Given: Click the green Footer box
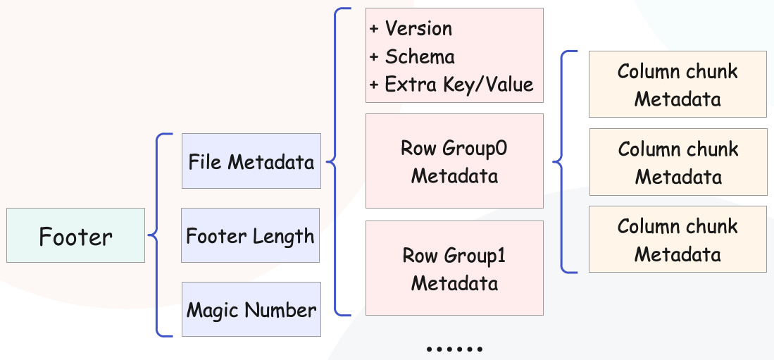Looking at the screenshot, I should (75, 235).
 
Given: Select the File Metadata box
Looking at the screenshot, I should (251, 161).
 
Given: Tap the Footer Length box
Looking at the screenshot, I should (250, 235).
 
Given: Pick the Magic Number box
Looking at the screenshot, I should (251, 309).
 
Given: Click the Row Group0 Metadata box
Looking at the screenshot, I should (454, 161).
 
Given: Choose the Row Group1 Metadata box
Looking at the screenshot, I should (454, 268).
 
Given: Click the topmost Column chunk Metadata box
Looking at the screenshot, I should (678, 85).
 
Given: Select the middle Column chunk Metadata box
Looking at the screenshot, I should (678, 162).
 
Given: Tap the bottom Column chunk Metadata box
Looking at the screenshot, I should (678, 240).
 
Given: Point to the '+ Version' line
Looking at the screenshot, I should (411, 29).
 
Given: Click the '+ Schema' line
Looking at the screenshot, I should (412, 57).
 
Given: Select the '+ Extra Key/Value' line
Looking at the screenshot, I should (451, 85).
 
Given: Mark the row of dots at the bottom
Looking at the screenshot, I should (454, 349).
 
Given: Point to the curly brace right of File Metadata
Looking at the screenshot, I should (335, 161).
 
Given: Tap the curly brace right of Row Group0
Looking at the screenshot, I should (562, 161).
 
